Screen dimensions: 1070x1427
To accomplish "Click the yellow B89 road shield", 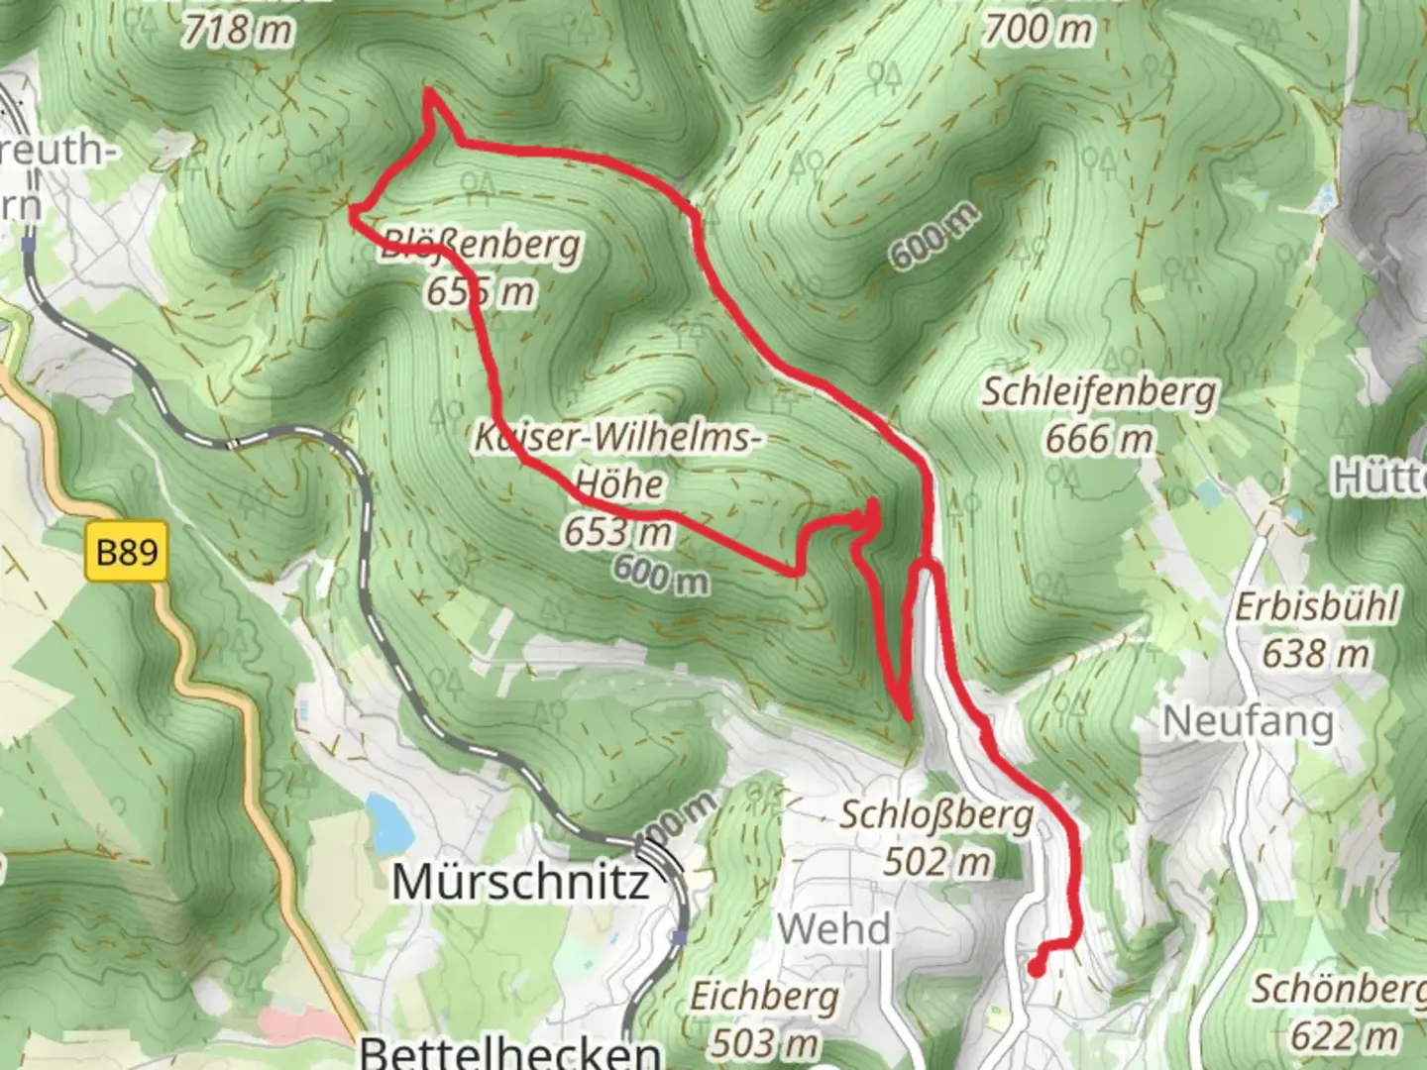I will pyautogui.click(x=127, y=551).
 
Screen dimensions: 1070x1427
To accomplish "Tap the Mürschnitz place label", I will pyautogui.click(x=520, y=881).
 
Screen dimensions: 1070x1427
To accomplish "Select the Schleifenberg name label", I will pyautogui.click(x=1098, y=392).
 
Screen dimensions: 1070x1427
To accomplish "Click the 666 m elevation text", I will pyautogui.click(x=1098, y=438).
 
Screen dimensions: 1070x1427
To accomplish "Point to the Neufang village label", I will pyautogui.click(x=1248, y=721).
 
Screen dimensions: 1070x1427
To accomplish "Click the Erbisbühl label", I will pyautogui.click(x=1316, y=606).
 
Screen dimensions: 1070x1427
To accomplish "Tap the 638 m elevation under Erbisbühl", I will pyautogui.click(x=1315, y=653).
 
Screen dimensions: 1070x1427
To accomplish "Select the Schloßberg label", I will pyautogui.click(x=936, y=815).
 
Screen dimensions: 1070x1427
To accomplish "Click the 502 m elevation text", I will pyautogui.click(x=936, y=861).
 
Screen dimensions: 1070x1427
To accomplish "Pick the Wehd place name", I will pyautogui.click(x=834, y=929).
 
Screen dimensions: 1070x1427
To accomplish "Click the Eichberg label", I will pyautogui.click(x=764, y=996).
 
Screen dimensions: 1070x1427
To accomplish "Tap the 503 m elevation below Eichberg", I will pyautogui.click(x=764, y=1042).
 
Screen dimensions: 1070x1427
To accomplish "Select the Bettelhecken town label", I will pyautogui.click(x=510, y=1052).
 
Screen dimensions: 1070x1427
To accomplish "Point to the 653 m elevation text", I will pyautogui.click(x=618, y=533).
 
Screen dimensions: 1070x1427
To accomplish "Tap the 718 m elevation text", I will pyautogui.click(x=238, y=30).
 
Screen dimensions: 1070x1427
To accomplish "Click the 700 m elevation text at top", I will pyautogui.click(x=1037, y=30).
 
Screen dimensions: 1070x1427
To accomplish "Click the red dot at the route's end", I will pyautogui.click(x=1036, y=969).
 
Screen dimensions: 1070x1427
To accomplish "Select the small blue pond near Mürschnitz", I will pyautogui.click(x=384, y=823).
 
